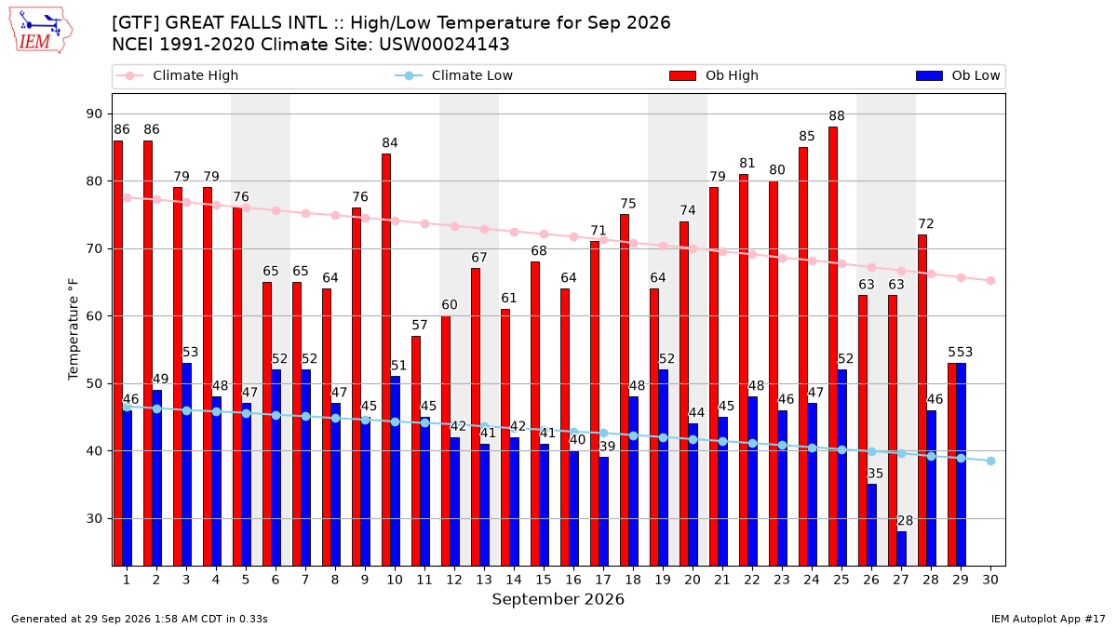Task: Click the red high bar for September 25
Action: [833, 346]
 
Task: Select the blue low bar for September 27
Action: [902, 549]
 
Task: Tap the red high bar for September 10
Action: [386, 360]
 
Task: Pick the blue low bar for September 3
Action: [186, 464]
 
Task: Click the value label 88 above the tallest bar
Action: [837, 116]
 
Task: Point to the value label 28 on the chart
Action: [905, 521]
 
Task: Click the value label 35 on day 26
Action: [875, 474]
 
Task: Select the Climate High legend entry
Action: [178, 75]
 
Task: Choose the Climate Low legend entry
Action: [454, 75]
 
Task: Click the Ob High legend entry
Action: [714, 75]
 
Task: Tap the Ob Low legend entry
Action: [958, 75]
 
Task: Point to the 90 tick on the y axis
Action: [94, 114]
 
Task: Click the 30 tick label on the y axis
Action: [94, 519]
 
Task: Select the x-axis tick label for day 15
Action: [544, 580]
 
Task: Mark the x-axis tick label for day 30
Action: [990, 580]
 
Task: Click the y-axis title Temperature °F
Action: [74, 329]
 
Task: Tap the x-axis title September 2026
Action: [558, 599]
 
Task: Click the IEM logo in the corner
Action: [41, 31]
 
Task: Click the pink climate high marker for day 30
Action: [990, 281]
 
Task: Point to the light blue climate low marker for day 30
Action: [990, 461]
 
